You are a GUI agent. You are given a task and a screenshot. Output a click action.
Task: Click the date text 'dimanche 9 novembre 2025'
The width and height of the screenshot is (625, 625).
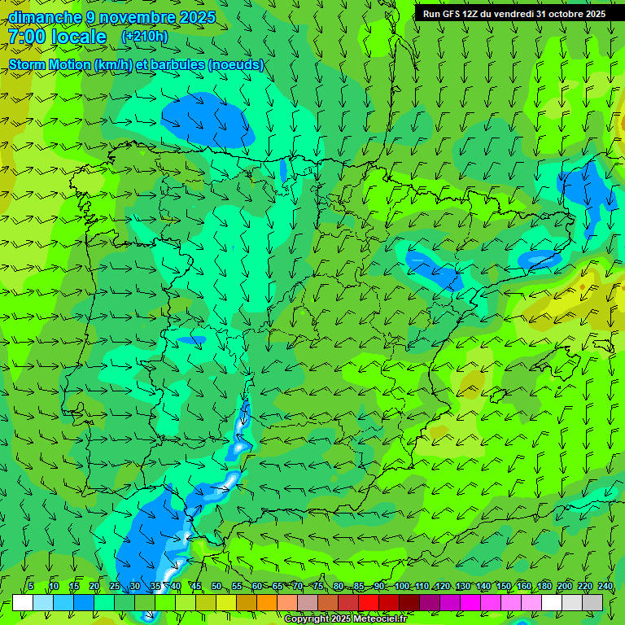[112, 17]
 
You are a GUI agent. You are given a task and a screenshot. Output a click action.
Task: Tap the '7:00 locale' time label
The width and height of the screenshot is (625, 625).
[57, 37]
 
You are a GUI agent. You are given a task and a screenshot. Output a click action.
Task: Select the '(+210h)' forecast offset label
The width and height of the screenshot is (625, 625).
[144, 36]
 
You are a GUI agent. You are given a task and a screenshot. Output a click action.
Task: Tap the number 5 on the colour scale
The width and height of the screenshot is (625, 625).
[31, 587]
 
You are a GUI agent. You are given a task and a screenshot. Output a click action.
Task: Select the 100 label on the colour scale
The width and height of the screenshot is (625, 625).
[402, 587]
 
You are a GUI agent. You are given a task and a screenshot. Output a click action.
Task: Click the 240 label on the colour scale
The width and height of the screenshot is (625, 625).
[605, 587]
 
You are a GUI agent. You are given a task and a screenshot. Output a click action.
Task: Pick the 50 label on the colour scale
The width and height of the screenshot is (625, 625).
[216, 587]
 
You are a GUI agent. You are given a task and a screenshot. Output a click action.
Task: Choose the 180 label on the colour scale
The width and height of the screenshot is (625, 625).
[544, 587]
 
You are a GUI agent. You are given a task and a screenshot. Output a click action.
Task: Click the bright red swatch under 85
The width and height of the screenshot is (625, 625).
[369, 602]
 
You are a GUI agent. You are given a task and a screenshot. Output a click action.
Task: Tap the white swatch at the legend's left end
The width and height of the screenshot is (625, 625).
[23, 602]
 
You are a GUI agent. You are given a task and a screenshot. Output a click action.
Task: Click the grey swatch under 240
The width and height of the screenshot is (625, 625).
[592, 602]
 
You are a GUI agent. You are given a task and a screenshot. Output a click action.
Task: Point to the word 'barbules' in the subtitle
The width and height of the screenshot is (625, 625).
[179, 65]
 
